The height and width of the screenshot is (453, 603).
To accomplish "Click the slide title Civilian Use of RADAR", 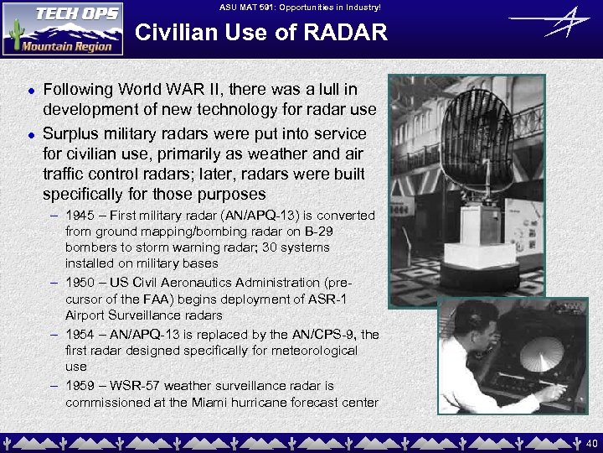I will point(261,33).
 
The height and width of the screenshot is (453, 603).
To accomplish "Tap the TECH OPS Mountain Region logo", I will point(63,29).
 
